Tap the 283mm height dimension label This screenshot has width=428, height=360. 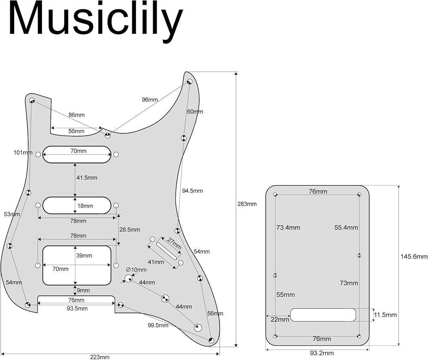point(247,204)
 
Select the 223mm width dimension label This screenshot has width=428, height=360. point(100,357)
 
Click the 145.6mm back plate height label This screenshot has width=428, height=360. point(414,257)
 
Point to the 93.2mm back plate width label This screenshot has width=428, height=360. point(322,353)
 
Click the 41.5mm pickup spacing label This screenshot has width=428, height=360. point(87,178)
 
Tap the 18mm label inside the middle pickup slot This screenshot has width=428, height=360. point(85,206)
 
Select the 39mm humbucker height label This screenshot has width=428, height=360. point(84,256)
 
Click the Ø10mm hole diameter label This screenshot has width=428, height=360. point(136,270)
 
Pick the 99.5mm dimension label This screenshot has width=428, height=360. point(158,325)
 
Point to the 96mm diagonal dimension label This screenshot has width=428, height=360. point(150,100)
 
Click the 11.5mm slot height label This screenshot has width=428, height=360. point(385,315)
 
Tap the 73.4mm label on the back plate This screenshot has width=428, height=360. point(288,228)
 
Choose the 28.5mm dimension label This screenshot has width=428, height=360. point(130,230)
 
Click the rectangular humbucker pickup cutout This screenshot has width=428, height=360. point(77,266)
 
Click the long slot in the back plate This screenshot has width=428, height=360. point(323,315)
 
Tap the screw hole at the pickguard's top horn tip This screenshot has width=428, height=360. point(190,82)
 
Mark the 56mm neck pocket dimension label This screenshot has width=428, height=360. point(76,131)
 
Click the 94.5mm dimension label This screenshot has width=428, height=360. point(193,191)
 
